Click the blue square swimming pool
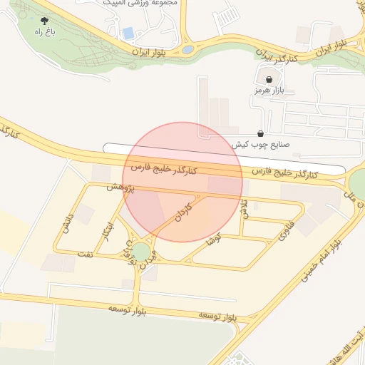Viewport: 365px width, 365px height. [x=128, y=33]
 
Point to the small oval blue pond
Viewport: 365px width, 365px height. [x=187, y=50]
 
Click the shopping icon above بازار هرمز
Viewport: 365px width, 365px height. [x=269, y=80]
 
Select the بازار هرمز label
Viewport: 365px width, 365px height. [x=269, y=91]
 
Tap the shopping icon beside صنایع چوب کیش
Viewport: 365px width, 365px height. [x=260, y=133]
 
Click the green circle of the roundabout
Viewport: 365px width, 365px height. [x=142, y=251]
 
